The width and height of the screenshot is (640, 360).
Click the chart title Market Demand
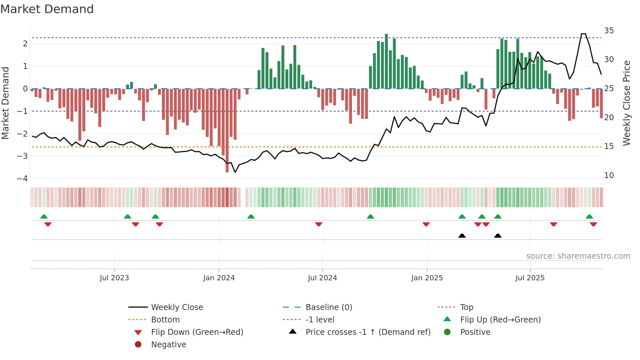click(47, 9)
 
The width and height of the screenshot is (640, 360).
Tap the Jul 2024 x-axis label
click(322, 278)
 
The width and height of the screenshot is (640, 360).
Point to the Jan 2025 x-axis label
click(427, 278)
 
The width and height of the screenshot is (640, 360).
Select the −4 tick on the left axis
click(22, 179)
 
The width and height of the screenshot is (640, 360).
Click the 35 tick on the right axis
click(609, 31)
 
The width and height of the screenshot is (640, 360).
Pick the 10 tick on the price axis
click(609, 175)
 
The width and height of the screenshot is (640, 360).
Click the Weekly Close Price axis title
click(626, 103)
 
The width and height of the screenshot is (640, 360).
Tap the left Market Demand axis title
click(6, 103)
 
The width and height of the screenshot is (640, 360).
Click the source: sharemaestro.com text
click(578, 256)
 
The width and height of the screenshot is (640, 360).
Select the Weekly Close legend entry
click(177, 307)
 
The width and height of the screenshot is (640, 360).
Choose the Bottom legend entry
click(165, 320)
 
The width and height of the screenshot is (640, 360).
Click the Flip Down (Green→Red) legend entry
click(197, 332)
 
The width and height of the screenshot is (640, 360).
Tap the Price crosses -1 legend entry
click(368, 332)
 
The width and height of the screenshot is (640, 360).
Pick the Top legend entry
click(466, 307)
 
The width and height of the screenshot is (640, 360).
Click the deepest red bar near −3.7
click(227, 131)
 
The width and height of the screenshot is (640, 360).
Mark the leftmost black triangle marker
click(462, 236)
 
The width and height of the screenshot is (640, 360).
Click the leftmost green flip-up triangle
click(44, 217)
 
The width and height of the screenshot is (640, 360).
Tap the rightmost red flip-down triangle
click(593, 224)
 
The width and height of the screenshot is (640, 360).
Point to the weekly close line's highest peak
click(583, 34)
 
